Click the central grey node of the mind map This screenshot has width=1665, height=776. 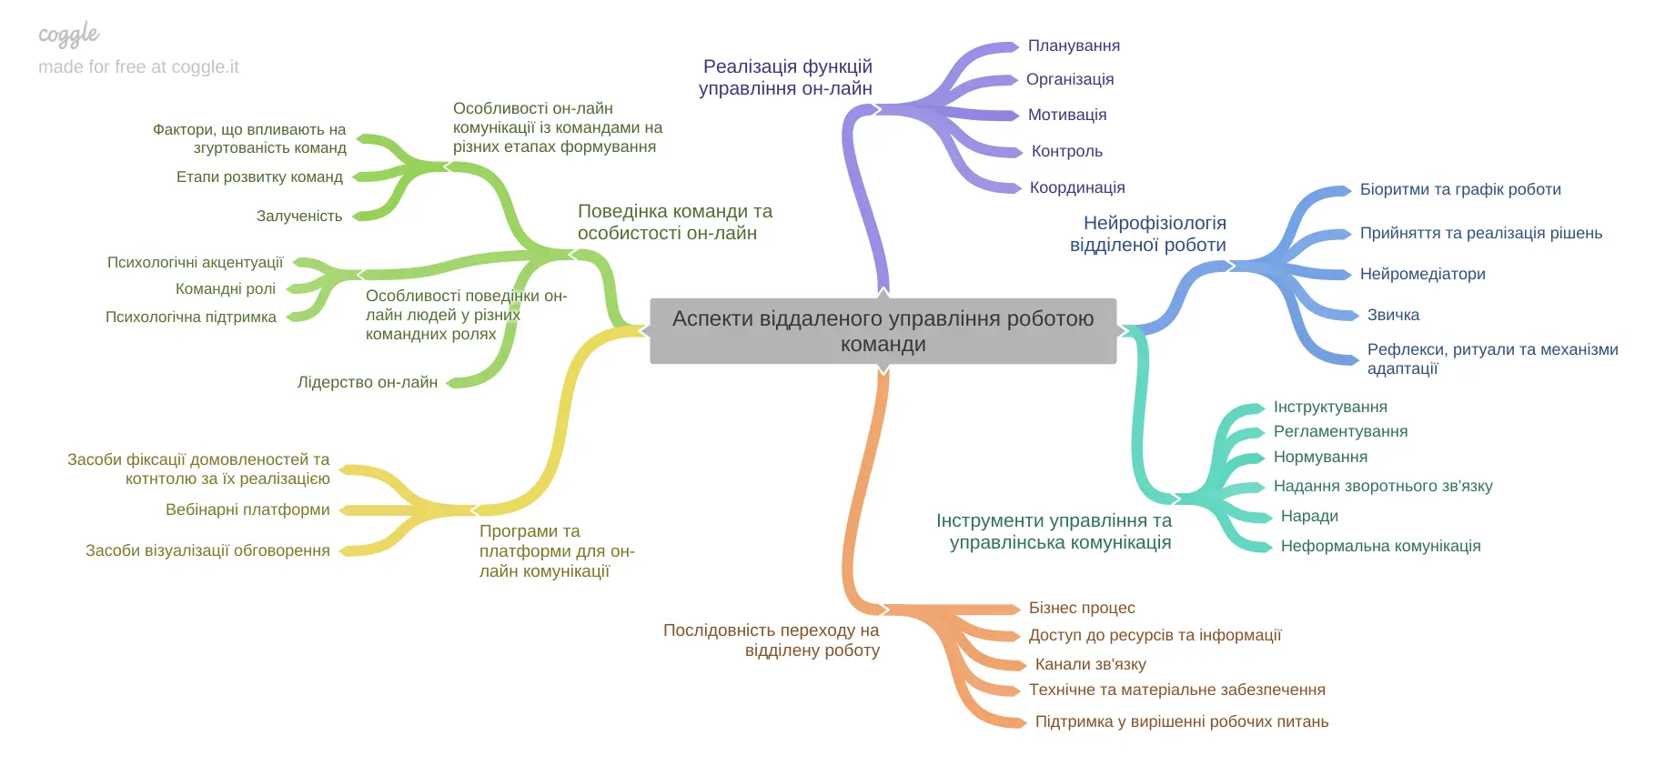point(883,331)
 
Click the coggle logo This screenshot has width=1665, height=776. point(69,35)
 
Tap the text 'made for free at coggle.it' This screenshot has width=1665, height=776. point(138,66)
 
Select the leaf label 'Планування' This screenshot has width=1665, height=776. point(1074,45)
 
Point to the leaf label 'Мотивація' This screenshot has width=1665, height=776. point(1067,115)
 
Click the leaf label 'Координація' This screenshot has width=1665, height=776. point(1077,187)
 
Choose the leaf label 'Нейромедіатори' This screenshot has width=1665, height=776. point(1422,274)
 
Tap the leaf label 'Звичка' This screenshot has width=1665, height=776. point(1393,315)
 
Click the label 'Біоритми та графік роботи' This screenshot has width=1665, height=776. point(1460,189)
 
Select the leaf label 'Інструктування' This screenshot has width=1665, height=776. point(1330,407)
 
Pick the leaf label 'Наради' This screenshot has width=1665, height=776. point(1309,516)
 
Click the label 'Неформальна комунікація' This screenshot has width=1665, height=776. point(1380,546)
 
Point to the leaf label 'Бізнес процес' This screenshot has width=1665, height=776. point(1082,608)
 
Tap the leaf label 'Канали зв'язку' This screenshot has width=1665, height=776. point(1090,664)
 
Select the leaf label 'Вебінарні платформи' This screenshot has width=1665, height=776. point(247,509)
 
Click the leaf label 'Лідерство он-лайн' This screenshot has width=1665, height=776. point(368,382)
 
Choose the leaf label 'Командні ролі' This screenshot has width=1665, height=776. point(226,288)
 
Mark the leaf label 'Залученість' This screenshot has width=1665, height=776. point(299,216)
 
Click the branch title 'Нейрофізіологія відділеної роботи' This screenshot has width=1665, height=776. point(1148,234)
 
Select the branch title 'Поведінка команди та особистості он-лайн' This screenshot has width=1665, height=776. point(674,222)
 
